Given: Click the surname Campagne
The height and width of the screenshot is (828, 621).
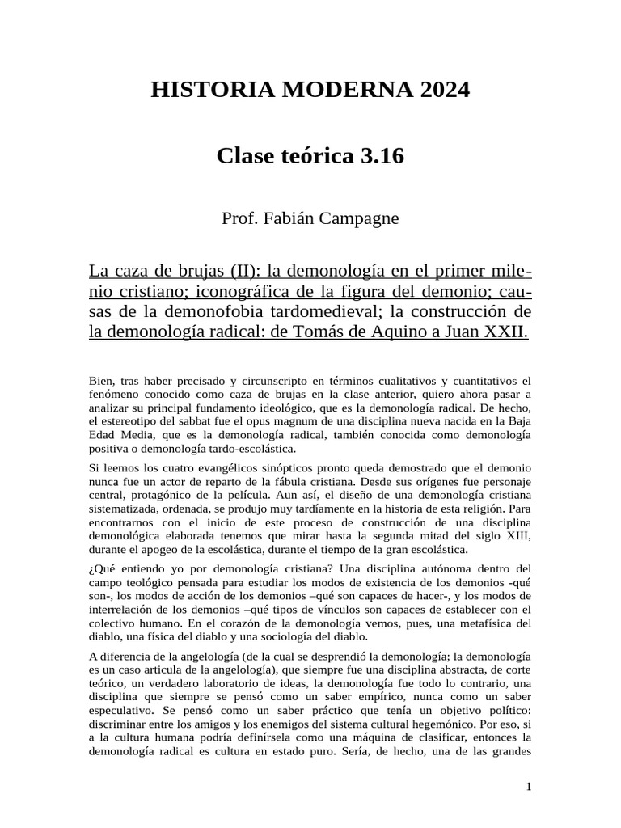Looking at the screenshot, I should (x=360, y=218).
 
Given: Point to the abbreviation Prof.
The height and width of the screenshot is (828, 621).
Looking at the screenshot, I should (x=239, y=218).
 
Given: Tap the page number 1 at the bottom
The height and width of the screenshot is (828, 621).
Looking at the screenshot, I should (x=528, y=786).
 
